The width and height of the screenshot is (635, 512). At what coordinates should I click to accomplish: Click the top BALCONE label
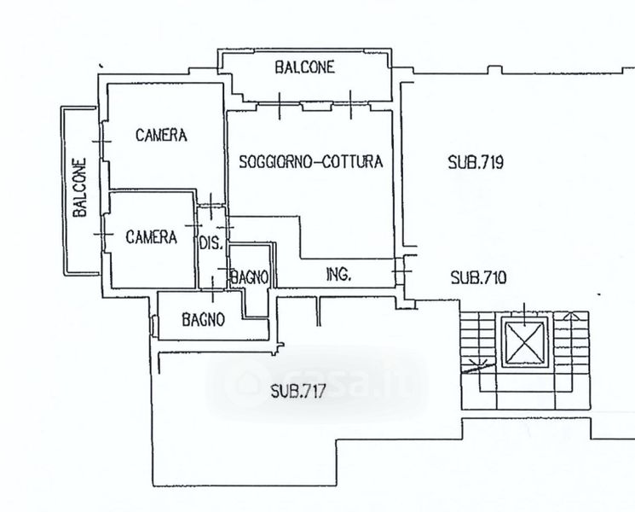pyautogui.click(x=304, y=67)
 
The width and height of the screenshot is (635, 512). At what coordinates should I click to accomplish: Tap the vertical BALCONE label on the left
pyautogui.click(x=79, y=188)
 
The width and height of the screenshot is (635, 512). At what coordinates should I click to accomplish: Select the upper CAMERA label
pyautogui.click(x=161, y=135)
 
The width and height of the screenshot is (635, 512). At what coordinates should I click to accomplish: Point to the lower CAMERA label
pyautogui.click(x=152, y=237)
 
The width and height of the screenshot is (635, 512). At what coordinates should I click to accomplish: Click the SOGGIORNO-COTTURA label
pyautogui.click(x=310, y=160)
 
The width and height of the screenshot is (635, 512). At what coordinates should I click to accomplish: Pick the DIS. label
pyautogui.click(x=211, y=242)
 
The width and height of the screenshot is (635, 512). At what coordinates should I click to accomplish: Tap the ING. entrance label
pyautogui.click(x=339, y=275)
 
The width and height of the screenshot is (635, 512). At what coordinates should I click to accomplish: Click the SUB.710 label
pyautogui.click(x=479, y=276)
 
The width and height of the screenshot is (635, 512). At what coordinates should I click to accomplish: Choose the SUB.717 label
pyautogui.click(x=298, y=392)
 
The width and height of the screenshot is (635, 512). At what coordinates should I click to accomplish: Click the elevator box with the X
pyautogui.click(x=522, y=343)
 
